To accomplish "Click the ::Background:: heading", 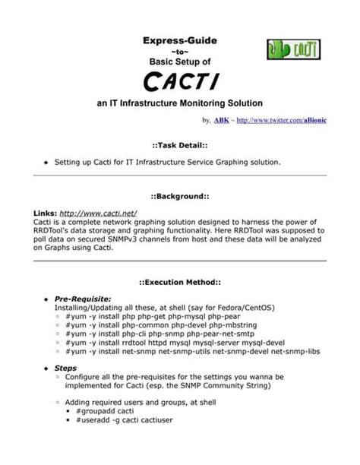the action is coord(180,196).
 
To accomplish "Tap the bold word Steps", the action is coord(65,368).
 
